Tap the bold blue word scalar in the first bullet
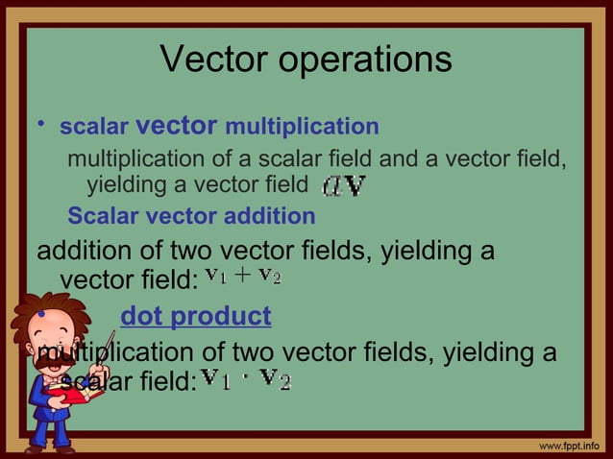click(94, 127)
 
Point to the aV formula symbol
click(343, 183)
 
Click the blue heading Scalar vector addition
click(191, 216)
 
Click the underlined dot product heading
click(195, 316)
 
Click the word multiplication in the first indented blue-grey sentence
click(132, 157)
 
